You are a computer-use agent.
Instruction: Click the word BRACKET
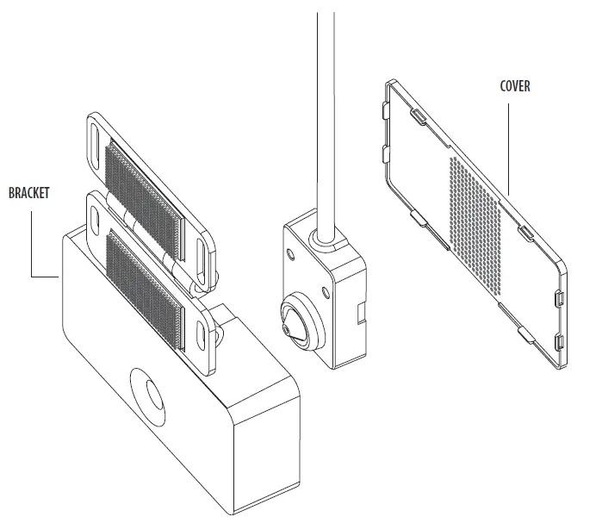pyautogui.click(x=29, y=194)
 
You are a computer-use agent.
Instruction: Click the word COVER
pyautogui.click(x=515, y=87)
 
